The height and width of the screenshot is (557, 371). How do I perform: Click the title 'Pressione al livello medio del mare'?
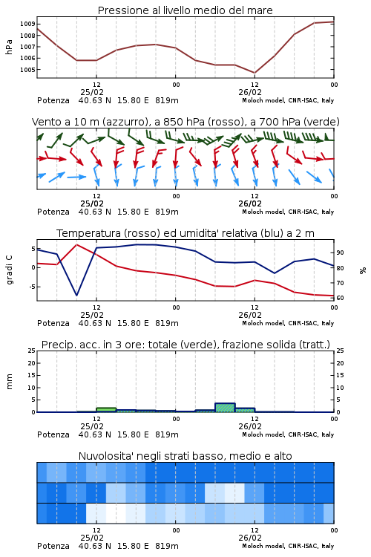[x=185, y=10]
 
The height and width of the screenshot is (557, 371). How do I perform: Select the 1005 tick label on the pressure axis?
[x=27, y=70]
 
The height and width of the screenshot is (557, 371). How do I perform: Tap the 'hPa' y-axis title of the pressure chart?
[x=9, y=47]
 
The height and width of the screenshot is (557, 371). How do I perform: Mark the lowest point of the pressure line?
[x=255, y=73]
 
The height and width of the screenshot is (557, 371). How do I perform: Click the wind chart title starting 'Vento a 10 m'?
[x=185, y=122]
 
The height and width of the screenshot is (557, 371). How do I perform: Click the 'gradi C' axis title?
[x=9, y=270]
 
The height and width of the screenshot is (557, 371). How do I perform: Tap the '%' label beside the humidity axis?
[x=363, y=270]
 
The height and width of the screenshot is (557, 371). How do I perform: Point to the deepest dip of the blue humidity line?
[x=76, y=295]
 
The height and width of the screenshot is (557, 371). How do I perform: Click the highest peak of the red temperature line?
[x=76, y=245]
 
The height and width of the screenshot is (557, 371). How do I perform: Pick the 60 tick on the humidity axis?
[x=340, y=298]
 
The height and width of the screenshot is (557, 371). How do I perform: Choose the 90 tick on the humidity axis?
[x=340, y=253]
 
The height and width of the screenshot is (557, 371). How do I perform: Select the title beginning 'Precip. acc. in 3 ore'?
[x=185, y=345]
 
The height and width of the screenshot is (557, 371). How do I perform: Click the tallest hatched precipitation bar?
[x=225, y=408]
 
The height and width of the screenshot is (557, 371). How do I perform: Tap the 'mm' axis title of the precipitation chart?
[x=9, y=381]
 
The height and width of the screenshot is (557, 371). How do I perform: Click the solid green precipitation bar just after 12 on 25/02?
[x=106, y=409]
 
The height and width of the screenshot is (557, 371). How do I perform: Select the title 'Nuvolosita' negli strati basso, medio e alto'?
[x=185, y=456]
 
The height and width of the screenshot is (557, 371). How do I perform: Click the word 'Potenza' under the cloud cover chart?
[x=53, y=546]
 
